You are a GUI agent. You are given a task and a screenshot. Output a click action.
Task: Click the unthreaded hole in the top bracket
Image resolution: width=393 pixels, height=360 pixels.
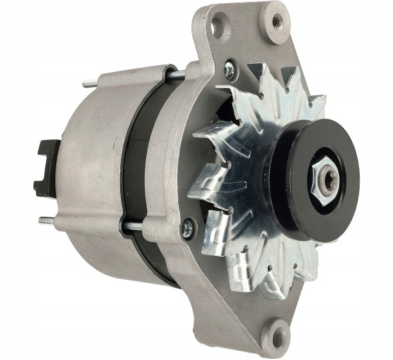pos(218,28)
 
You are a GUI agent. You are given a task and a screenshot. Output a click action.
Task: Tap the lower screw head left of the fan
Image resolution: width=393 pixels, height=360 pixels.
pos(188,229)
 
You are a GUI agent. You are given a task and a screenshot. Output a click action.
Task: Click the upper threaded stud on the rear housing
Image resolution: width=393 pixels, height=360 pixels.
pos(90,85)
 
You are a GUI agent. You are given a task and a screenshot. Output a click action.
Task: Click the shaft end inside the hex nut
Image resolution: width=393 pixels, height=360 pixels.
pos(326,179)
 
